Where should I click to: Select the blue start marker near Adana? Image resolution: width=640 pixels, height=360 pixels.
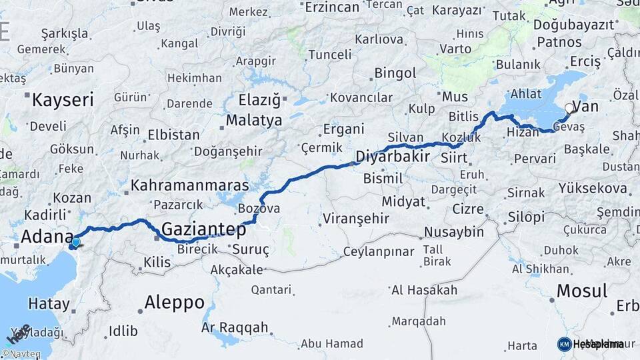click(x=75, y=243)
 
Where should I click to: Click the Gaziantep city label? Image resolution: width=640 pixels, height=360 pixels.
click(x=204, y=229)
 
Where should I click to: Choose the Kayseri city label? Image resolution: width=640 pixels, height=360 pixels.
click(x=63, y=101)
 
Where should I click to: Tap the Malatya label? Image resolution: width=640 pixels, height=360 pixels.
click(x=255, y=121)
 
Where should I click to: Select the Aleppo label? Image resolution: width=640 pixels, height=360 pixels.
click(x=175, y=302)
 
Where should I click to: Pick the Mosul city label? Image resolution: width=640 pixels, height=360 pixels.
click(x=581, y=291)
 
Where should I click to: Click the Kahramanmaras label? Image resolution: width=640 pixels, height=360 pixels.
click(x=189, y=185)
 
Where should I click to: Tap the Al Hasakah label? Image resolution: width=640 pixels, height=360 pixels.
click(x=424, y=290)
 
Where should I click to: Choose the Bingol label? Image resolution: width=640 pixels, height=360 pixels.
click(x=395, y=73)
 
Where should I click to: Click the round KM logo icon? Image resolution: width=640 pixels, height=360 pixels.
click(x=564, y=344)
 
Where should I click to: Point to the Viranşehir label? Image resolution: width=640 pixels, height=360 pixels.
click(x=355, y=218)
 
